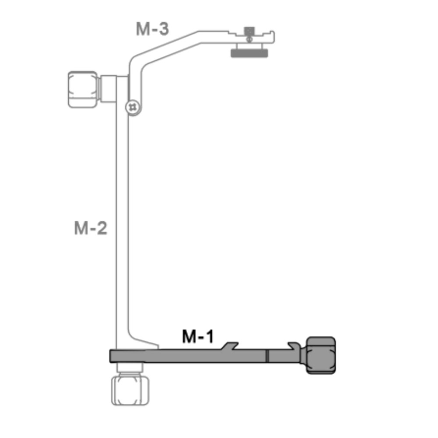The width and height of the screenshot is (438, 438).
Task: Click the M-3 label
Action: coord(152,29)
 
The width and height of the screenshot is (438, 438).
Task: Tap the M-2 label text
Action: coord(90,228)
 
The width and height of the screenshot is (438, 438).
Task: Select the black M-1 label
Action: coord(198,336)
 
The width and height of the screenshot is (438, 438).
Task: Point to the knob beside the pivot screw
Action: coord(83,89)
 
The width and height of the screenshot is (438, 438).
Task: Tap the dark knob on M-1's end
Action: coord(321,355)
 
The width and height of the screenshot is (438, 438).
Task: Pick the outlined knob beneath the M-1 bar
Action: coord(130,389)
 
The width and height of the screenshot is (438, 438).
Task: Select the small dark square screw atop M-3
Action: coord(249,31)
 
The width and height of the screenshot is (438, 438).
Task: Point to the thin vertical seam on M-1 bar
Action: coord(266,356)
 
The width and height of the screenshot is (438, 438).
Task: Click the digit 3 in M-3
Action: coord(163,29)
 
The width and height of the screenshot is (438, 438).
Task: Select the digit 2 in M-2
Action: coord(102,228)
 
